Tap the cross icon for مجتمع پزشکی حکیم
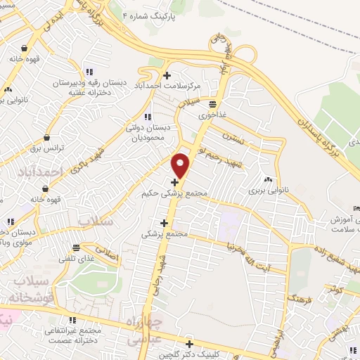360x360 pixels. tap(174, 182)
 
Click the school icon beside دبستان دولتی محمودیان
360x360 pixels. tap(147, 117)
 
